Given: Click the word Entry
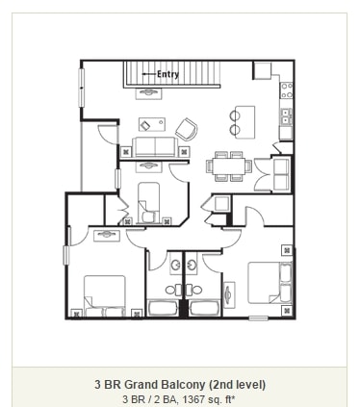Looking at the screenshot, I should [167, 74].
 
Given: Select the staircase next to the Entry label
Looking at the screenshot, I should [188, 74].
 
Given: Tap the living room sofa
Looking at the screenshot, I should [154, 147].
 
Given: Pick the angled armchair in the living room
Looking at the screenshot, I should [186, 128].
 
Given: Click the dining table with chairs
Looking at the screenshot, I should [229, 165].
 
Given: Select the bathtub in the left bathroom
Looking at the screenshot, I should [164, 309].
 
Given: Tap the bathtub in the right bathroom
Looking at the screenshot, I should [203, 309].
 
